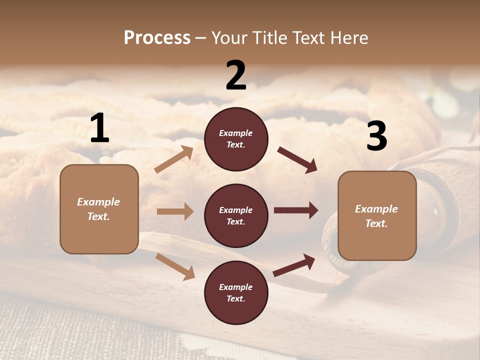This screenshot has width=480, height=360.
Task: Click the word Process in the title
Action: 157,37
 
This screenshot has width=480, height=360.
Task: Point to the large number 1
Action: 99,128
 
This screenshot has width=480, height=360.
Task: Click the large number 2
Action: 236,75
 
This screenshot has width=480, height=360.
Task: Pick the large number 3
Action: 376,136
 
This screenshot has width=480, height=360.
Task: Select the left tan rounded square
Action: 99,209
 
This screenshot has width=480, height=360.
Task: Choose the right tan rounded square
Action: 377,216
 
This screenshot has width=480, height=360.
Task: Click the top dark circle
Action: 236,139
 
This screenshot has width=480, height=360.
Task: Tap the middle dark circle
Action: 236,215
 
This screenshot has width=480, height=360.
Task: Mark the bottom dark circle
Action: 236,292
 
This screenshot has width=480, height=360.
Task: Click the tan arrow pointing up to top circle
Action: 174,159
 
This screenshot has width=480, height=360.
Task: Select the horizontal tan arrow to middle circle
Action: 175,211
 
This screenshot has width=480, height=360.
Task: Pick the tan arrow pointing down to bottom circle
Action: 175,266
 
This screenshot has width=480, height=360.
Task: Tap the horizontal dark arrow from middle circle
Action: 296,210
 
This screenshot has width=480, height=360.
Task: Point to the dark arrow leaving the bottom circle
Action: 294,265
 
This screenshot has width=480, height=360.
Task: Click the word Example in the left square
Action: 98,202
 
